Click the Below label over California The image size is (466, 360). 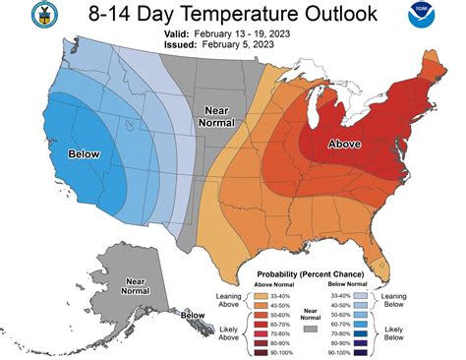pyautogui.click(x=85, y=155)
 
